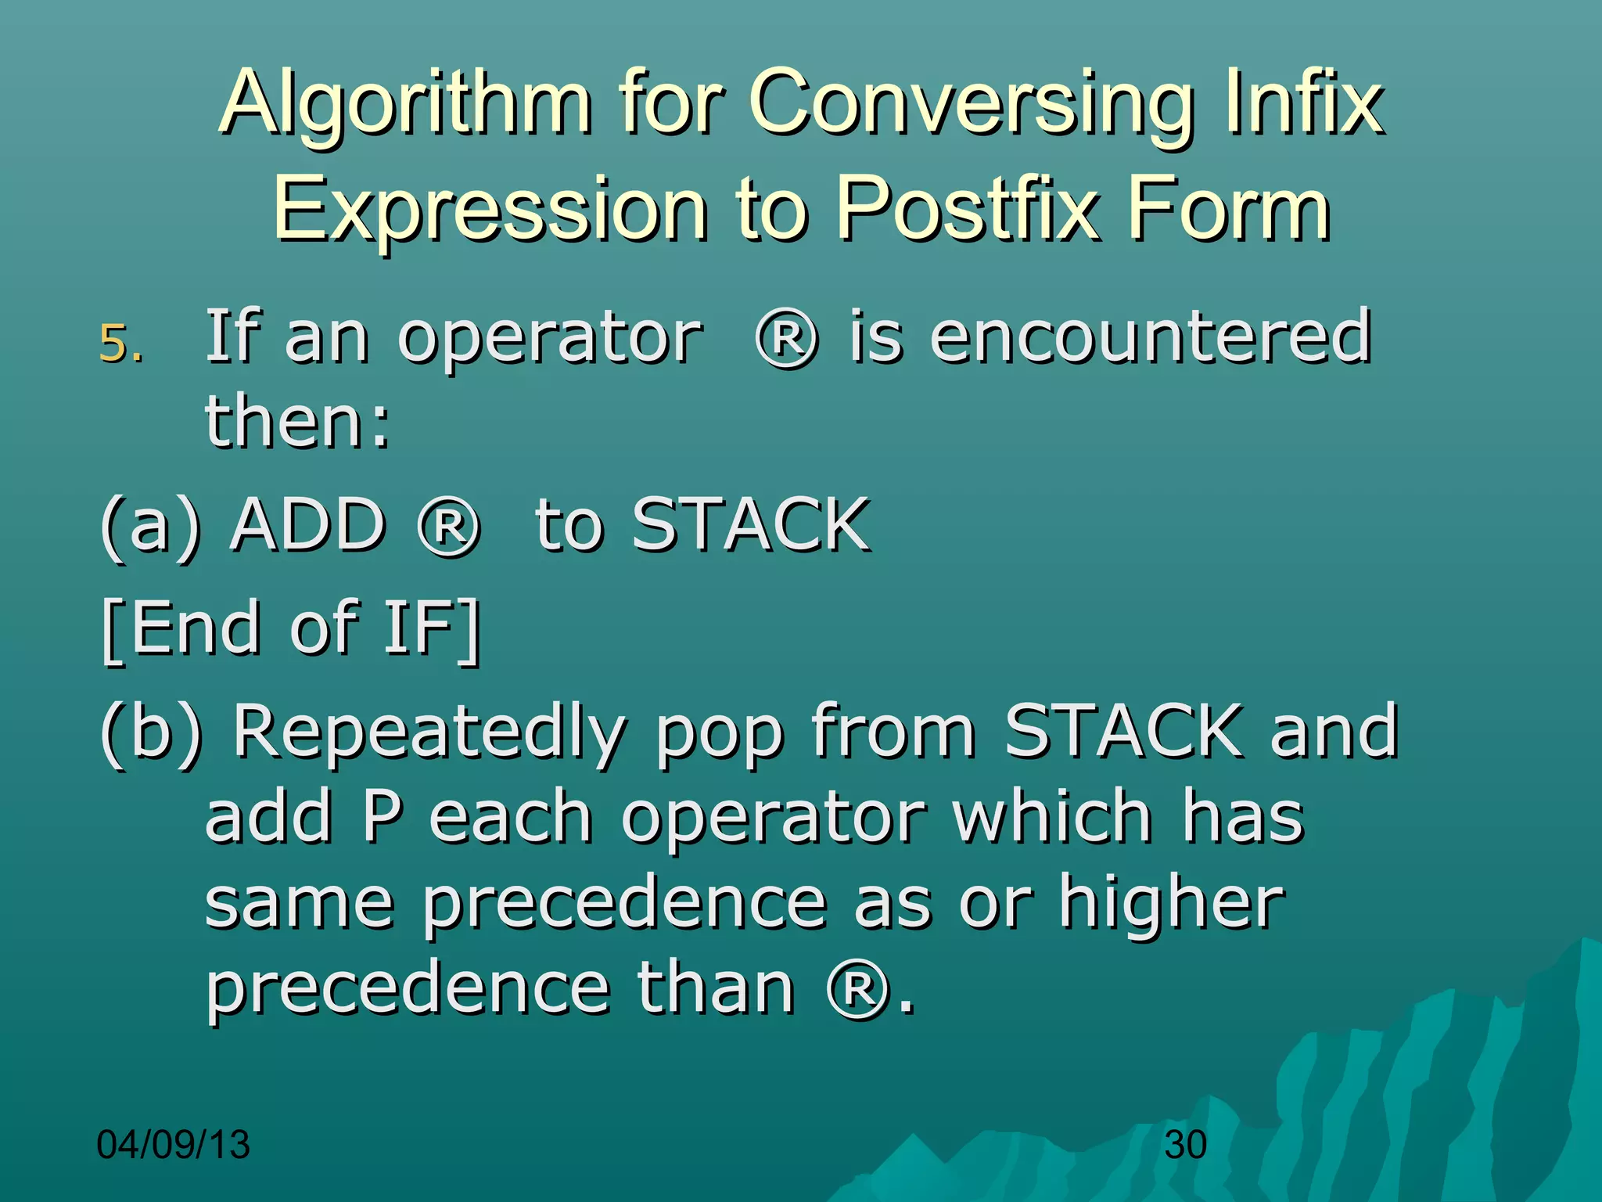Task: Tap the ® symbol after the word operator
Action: click(x=787, y=339)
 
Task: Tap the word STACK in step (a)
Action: click(x=750, y=524)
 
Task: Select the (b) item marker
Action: click(x=151, y=732)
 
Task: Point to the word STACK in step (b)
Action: click(x=1123, y=731)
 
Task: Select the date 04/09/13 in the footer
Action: click(x=173, y=1145)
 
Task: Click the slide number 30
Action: click(x=1185, y=1145)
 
